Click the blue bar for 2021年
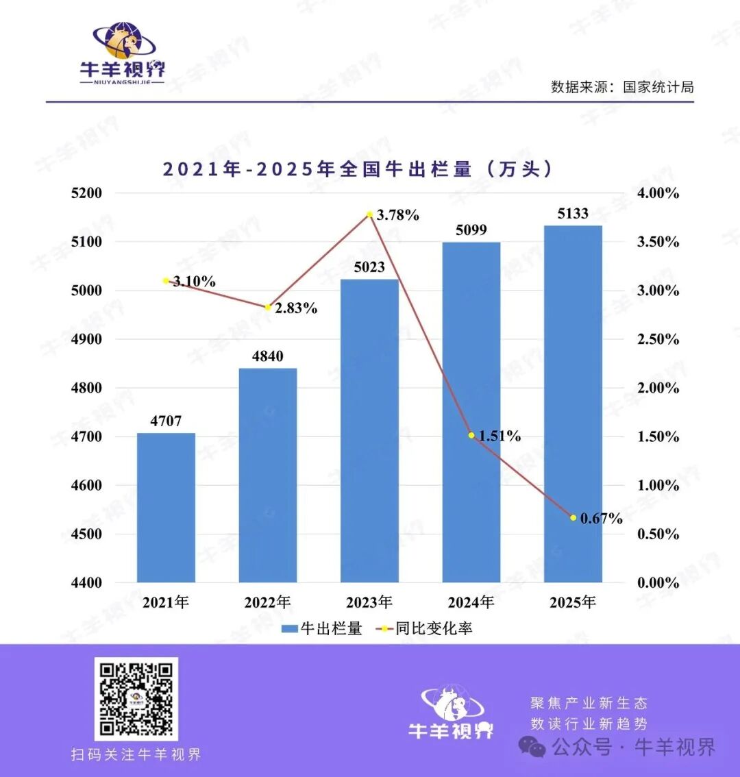point(166,507)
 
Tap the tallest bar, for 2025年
point(573,404)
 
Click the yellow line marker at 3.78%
point(369,214)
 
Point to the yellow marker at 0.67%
point(573,517)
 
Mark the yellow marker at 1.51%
point(471,435)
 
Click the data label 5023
point(369,267)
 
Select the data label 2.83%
point(296,308)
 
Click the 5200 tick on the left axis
point(86,193)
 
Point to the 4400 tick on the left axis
point(86,583)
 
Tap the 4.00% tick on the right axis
point(658,193)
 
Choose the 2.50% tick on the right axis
point(658,339)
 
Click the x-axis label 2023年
point(369,602)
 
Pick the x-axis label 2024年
point(471,602)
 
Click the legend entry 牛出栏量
point(322,628)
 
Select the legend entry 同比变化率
point(425,628)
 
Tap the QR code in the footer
point(136,699)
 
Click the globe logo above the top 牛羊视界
point(124,41)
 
